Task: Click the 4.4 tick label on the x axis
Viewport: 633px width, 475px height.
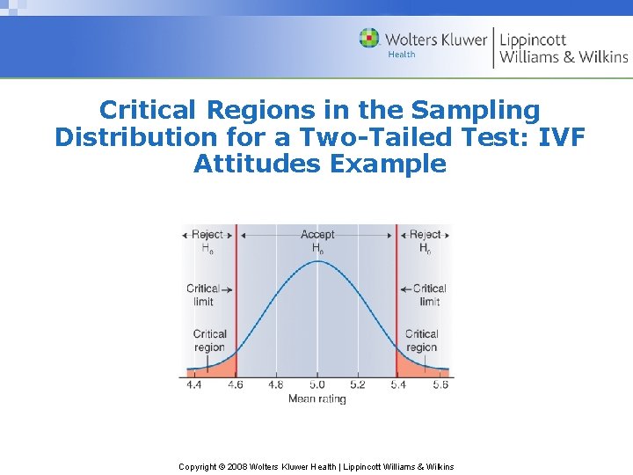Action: point(194,384)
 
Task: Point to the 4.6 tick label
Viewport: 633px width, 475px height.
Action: point(236,384)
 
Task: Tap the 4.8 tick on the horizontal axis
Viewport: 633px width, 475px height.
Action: point(276,384)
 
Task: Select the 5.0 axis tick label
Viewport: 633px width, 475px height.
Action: point(316,384)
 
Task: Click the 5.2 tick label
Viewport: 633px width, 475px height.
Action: point(357,384)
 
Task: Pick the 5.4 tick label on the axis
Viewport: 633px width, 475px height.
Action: point(398,384)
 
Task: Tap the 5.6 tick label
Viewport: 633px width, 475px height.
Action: point(440,384)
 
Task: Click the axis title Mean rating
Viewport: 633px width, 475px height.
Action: point(316,398)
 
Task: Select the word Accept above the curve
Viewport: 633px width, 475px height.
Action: point(317,235)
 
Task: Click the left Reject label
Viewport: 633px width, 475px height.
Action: point(207,235)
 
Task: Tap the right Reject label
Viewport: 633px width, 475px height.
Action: point(425,235)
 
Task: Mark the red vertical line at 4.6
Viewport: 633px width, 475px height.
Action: point(236,317)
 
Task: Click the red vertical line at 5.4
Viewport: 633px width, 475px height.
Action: point(397,317)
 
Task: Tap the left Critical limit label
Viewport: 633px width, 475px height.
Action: point(202,295)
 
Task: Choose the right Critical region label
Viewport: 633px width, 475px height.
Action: point(421,340)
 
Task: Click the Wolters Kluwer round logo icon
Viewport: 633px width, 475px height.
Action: point(369,39)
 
